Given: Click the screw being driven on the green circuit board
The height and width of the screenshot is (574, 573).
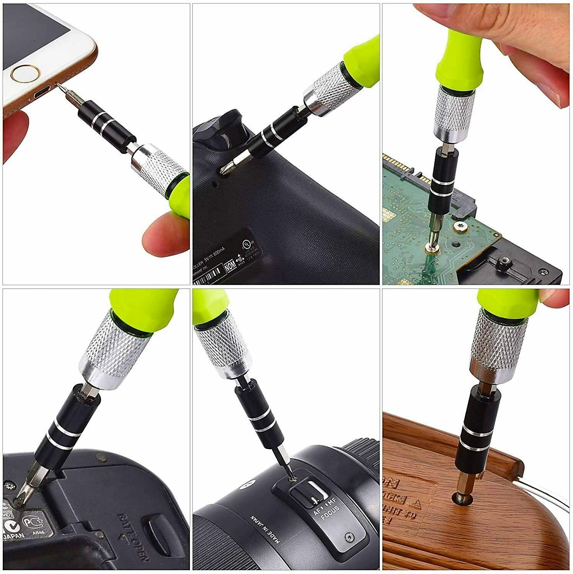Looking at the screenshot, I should tap(432, 248).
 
